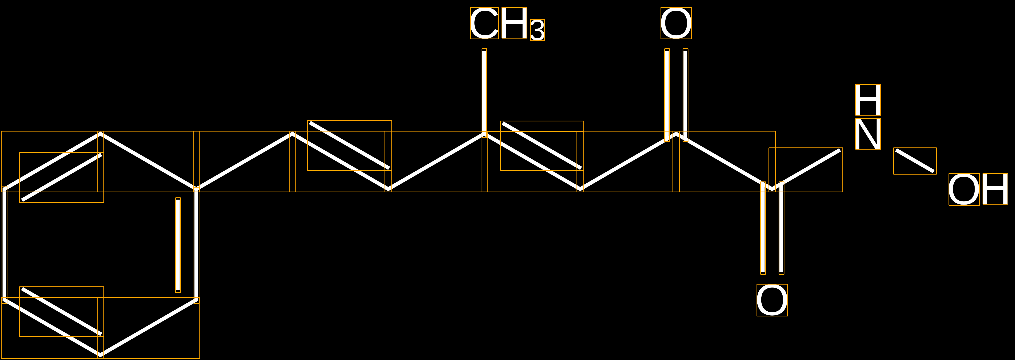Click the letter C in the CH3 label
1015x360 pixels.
[x=484, y=23]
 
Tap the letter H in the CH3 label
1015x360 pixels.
[x=514, y=23]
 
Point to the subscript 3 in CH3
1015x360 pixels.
[x=537, y=30]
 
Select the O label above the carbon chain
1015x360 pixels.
[x=676, y=23]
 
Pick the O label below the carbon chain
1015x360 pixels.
[x=772, y=300]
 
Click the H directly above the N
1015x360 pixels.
[x=868, y=100]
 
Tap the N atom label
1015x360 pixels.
[x=868, y=134]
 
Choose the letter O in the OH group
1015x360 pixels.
[x=964, y=189]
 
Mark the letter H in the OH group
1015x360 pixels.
[x=995, y=189]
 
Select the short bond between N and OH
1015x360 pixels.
[x=915, y=161]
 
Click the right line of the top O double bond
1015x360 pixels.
[x=686, y=95]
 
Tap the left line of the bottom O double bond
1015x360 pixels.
[x=763, y=228]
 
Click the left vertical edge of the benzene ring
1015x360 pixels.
[x=4, y=245]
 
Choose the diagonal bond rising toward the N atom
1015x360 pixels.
[x=806, y=170]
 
